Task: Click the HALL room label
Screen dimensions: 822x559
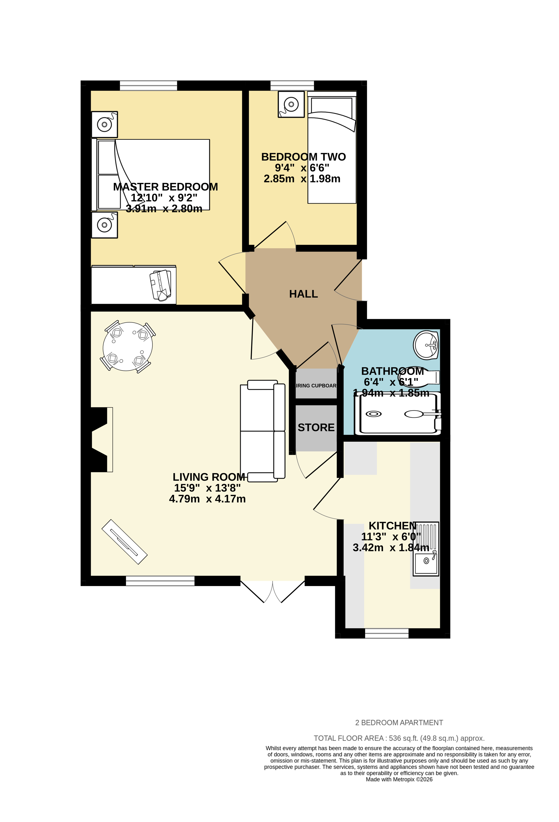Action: point(303,294)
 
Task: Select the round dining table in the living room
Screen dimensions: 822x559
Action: point(128,346)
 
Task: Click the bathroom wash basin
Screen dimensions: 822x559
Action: point(426,345)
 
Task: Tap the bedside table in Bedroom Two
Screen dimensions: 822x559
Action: point(291,104)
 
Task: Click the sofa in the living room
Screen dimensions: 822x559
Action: point(262,431)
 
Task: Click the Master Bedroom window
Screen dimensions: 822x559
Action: point(148,85)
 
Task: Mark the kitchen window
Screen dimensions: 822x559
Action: point(386,633)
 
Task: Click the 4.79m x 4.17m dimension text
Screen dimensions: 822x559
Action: point(207,499)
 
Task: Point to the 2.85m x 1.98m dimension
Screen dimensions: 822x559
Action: point(302,179)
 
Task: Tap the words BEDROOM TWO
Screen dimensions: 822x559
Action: point(303,157)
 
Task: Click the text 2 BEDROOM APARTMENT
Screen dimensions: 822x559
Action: point(399,722)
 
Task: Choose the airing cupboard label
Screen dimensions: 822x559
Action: point(316,386)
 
